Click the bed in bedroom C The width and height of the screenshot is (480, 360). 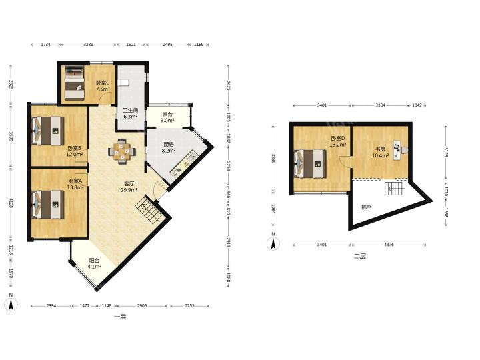pyautogui.click(x=75, y=84)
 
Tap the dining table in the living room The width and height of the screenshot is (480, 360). pyautogui.click(x=122, y=150)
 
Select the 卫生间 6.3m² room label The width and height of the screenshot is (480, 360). pyautogui.click(x=131, y=113)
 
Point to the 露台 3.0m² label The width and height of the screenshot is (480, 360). pyautogui.click(x=167, y=117)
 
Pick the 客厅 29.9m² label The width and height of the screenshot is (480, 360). pyautogui.click(x=129, y=187)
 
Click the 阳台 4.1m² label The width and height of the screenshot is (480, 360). pyautogui.click(x=94, y=263)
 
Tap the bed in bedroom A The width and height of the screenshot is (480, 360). pyautogui.click(x=48, y=205)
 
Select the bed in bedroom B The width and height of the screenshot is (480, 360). pyautogui.click(x=48, y=131)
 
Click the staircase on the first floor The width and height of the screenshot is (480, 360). pyautogui.click(x=149, y=211)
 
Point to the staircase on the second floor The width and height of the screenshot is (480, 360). pyautogui.click(x=395, y=188)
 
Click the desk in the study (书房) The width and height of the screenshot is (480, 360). pyautogui.click(x=397, y=150)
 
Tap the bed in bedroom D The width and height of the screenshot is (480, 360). pyautogui.click(x=310, y=164)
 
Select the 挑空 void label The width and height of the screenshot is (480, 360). pyautogui.click(x=367, y=207)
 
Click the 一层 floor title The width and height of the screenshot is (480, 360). pyautogui.click(x=120, y=317)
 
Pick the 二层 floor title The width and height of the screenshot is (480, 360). pyautogui.click(x=360, y=256)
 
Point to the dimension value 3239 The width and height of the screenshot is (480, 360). pyautogui.click(x=89, y=45)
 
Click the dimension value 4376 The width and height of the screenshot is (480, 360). pyautogui.click(x=389, y=245)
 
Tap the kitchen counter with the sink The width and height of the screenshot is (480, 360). pyautogui.click(x=184, y=163)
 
